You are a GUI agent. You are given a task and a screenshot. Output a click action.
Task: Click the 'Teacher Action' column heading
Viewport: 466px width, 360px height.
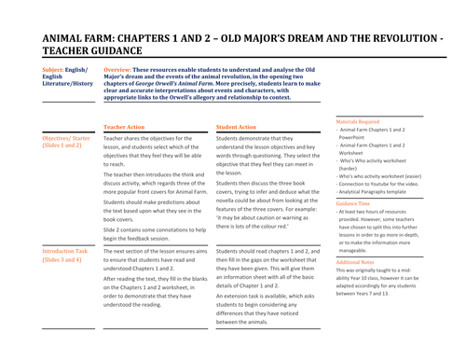(x=124, y=127)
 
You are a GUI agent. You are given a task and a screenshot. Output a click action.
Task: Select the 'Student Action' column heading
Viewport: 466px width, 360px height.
(x=236, y=127)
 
